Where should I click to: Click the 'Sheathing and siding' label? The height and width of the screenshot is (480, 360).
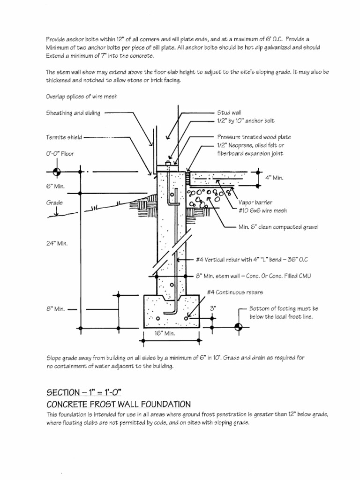[73, 113]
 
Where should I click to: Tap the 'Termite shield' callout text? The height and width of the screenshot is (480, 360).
[64, 137]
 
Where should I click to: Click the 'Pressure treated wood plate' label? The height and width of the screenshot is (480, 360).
[254, 137]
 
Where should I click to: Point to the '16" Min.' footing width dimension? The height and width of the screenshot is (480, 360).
[165, 333]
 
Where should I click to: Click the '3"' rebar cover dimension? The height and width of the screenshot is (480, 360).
[213, 308]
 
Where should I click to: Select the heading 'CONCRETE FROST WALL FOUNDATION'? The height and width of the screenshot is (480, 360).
[118, 404]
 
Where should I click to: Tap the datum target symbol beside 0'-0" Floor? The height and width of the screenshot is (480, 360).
[56, 172]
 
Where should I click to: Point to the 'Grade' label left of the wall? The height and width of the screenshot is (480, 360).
[54, 203]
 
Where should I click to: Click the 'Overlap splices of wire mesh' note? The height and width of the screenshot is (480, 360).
[81, 97]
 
